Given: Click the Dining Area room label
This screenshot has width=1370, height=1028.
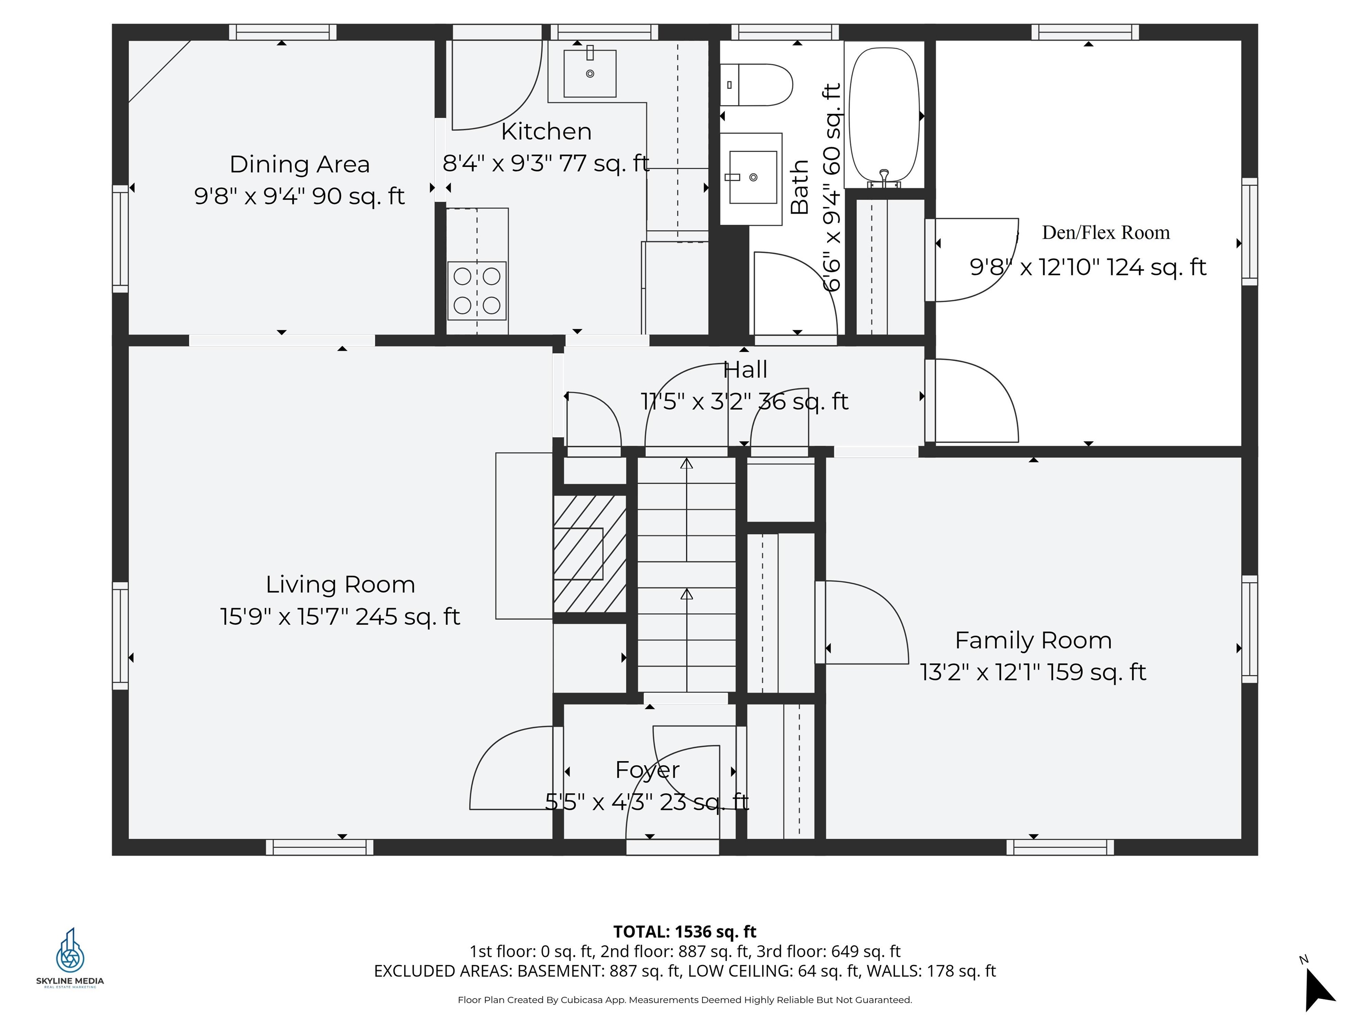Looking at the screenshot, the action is [x=300, y=164].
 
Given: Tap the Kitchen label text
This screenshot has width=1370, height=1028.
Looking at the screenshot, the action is [x=546, y=131].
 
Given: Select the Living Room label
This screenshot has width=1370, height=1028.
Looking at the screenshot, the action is [x=340, y=584].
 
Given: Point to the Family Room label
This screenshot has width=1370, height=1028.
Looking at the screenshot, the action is [x=1033, y=640].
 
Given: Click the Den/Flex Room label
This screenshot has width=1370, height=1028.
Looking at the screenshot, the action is [x=1106, y=232].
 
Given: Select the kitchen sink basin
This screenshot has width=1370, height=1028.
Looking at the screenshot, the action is [x=590, y=73].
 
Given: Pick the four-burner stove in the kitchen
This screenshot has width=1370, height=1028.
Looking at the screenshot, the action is [x=477, y=290].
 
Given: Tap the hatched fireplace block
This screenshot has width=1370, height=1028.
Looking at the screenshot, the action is [x=590, y=553].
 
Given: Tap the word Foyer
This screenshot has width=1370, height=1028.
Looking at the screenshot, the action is [x=647, y=770].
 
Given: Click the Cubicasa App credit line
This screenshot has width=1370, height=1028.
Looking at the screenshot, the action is [x=685, y=999].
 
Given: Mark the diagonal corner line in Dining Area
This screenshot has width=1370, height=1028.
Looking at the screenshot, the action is [x=159, y=71].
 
